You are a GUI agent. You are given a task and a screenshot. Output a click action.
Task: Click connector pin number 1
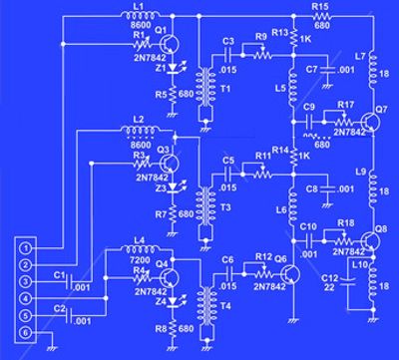(28, 246)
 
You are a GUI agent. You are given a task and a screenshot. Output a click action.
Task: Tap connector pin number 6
(28, 332)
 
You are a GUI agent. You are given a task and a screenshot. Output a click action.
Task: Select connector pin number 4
(28, 298)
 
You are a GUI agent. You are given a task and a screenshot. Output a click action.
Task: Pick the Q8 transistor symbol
(370, 239)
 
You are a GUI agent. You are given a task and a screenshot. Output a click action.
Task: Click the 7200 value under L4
(141, 257)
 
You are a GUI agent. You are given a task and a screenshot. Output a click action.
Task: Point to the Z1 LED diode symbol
(176, 71)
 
